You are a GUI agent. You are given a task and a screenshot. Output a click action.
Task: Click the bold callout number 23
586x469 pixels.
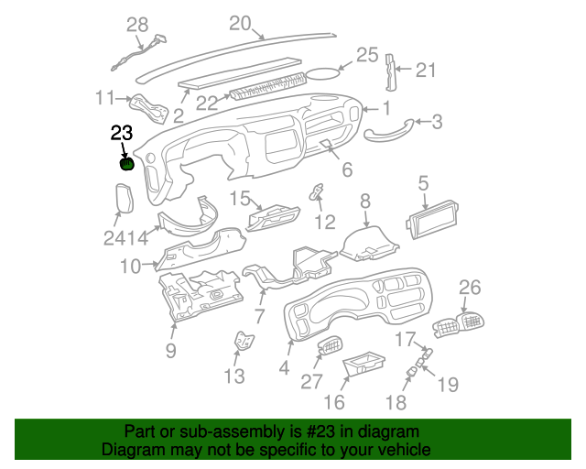[x=122, y=134]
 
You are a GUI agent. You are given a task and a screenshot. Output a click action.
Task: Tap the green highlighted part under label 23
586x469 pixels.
[x=127, y=165]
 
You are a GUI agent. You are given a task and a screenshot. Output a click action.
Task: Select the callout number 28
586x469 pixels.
[x=136, y=26]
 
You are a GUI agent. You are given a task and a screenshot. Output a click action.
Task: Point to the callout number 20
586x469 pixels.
[x=239, y=24]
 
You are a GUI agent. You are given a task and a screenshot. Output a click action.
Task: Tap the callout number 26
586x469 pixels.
[x=469, y=288]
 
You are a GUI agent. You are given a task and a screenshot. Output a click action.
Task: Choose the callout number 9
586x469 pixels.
[x=170, y=349]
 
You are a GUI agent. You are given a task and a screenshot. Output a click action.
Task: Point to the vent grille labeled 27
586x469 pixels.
[x=329, y=349]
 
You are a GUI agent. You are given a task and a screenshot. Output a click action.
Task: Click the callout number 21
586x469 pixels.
[x=427, y=70]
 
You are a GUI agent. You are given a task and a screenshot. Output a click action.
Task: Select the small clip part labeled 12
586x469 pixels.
[x=318, y=194]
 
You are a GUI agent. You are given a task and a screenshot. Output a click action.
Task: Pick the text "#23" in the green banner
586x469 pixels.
[x=318, y=431]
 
